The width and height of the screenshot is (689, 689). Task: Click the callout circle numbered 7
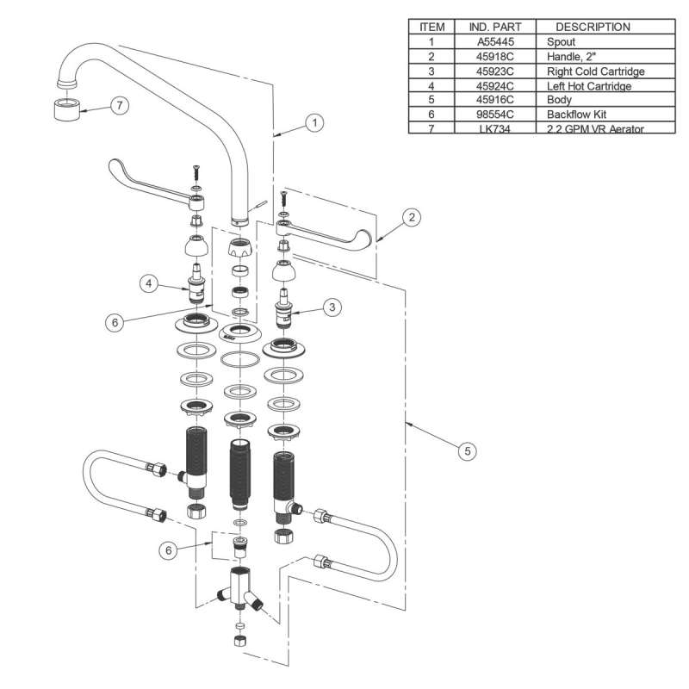click(120, 105)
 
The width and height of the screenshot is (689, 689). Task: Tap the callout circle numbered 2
click(413, 218)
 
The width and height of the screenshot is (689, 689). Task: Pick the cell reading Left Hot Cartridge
click(590, 84)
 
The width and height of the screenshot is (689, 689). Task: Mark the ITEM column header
click(431, 27)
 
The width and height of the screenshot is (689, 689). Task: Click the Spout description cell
click(562, 41)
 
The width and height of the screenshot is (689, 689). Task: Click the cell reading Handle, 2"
click(572, 56)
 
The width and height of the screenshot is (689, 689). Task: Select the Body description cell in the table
click(560, 99)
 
